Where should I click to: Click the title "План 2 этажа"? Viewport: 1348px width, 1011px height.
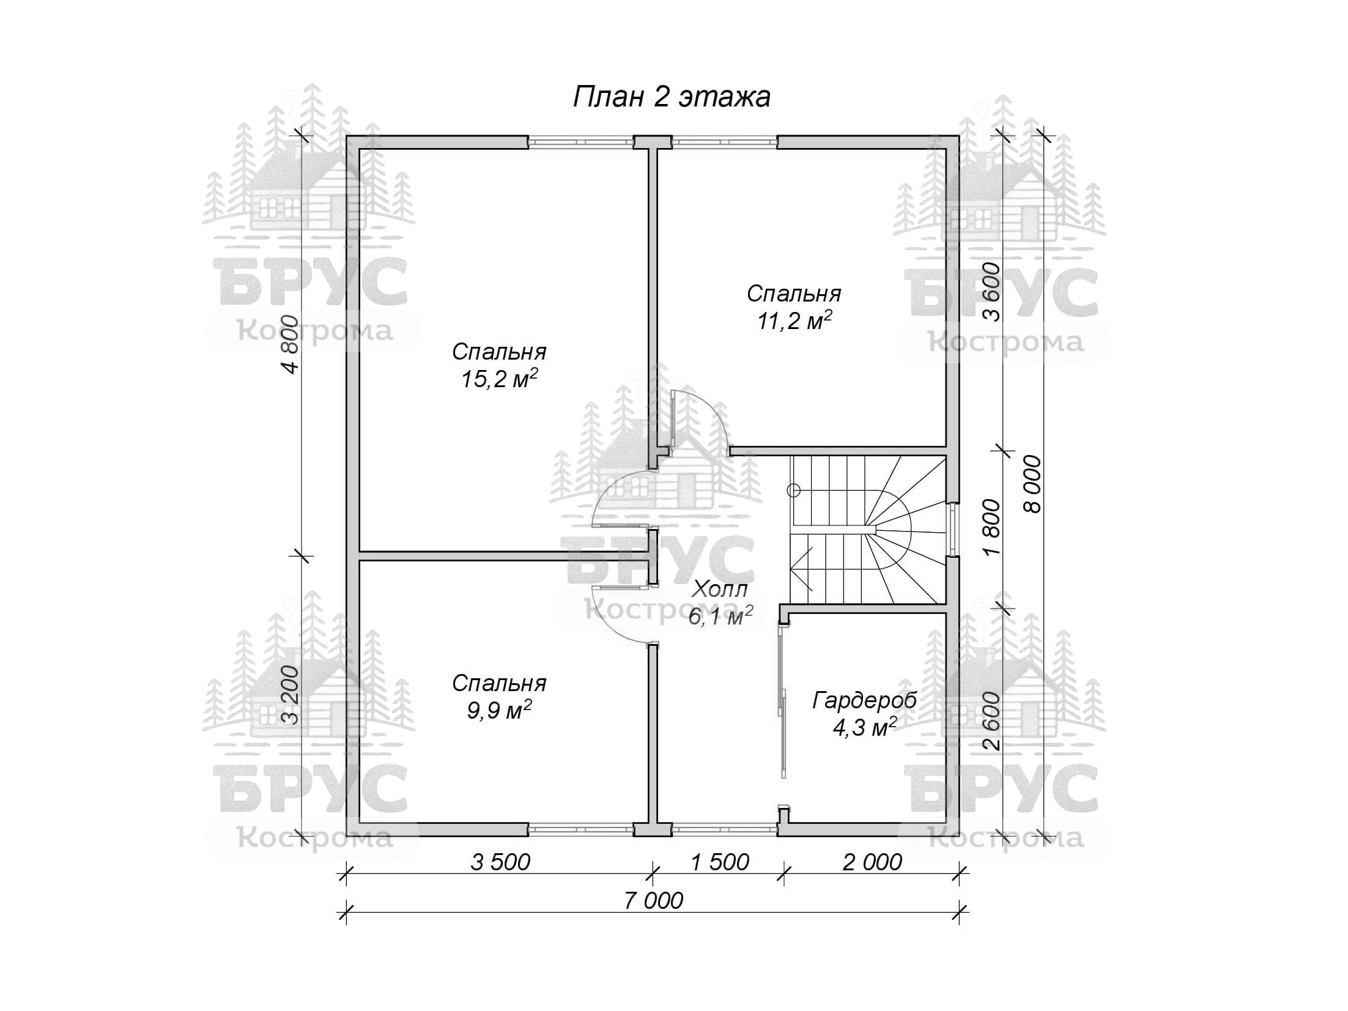672,97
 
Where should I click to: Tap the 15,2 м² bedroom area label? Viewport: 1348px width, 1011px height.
499,379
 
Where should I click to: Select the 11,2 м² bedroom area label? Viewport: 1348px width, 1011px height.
794,320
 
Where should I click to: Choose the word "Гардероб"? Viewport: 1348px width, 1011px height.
864,700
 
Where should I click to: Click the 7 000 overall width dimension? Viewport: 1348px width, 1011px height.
653,901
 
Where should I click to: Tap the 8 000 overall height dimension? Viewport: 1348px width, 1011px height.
1032,484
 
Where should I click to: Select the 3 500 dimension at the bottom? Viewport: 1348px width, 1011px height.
500,862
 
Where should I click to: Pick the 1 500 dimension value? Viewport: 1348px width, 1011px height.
719,862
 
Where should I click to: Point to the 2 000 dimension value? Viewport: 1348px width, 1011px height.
872,862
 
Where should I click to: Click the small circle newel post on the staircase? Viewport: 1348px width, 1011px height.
794,490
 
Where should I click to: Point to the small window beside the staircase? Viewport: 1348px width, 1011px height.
953,529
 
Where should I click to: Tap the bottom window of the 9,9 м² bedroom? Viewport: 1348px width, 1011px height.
580,829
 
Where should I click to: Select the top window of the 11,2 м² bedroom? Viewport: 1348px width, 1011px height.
724,142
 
